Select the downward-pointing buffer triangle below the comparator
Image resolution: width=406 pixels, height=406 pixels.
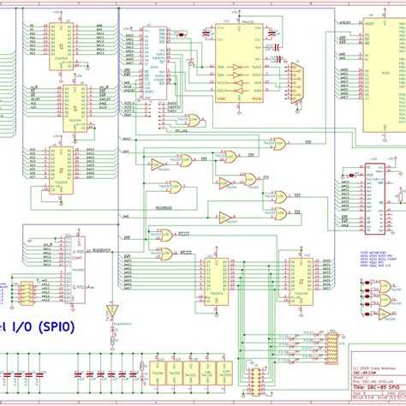coord(110,309)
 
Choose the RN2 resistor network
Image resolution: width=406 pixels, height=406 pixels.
coord(326,343)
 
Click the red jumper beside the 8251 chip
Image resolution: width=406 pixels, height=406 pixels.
coord(180,33)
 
